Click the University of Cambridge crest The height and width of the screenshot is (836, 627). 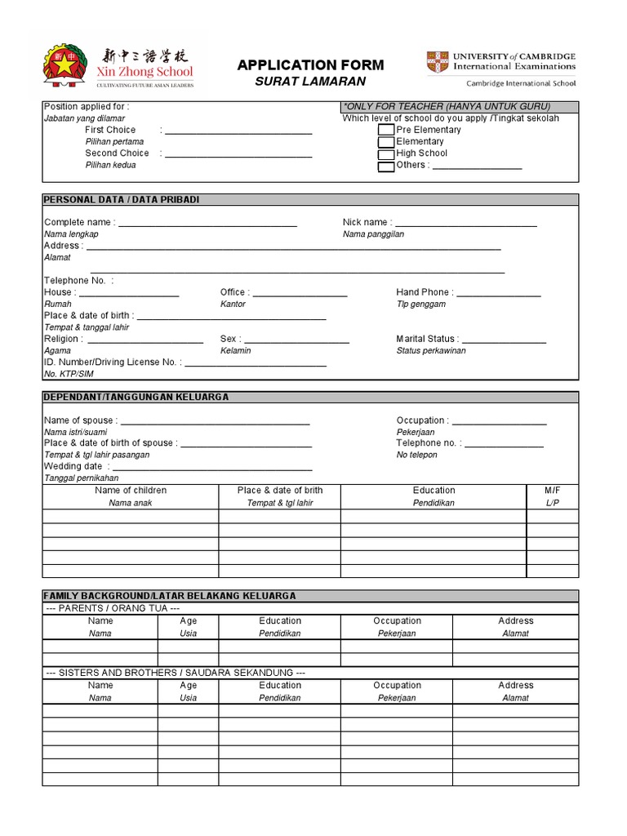tap(437, 62)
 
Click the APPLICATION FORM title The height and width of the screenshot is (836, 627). tap(309, 65)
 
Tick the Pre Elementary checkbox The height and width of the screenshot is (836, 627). tap(385, 130)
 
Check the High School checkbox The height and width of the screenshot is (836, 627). tap(385, 153)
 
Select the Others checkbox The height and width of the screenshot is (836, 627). tap(385, 166)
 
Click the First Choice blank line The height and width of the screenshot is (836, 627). tap(238, 131)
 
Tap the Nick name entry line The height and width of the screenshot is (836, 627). tap(465, 224)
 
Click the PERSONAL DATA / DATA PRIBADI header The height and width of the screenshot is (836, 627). tap(121, 200)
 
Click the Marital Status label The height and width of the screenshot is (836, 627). tap(426, 339)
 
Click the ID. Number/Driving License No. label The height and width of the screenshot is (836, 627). tap(111, 362)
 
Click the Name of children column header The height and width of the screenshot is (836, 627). tap(131, 491)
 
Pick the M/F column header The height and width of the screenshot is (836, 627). tap(553, 491)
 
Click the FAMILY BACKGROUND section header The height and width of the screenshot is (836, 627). tap(170, 596)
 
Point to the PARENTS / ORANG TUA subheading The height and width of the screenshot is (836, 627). tap(112, 608)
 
